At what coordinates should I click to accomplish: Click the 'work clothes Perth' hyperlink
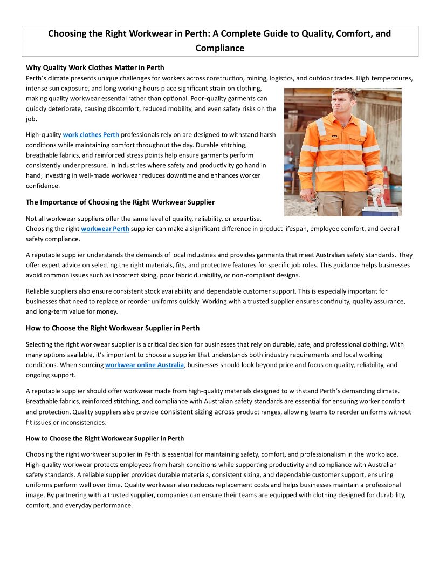click(91, 134)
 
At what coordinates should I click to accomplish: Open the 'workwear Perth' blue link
click(105, 229)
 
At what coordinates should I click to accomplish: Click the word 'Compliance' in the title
click(219, 48)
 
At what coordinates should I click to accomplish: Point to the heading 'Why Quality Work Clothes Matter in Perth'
click(95, 67)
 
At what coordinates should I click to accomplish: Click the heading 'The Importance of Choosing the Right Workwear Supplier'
click(120, 202)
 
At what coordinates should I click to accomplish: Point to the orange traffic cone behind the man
click(386, 184)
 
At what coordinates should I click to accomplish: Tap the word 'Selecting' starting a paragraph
click(40, 344)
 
